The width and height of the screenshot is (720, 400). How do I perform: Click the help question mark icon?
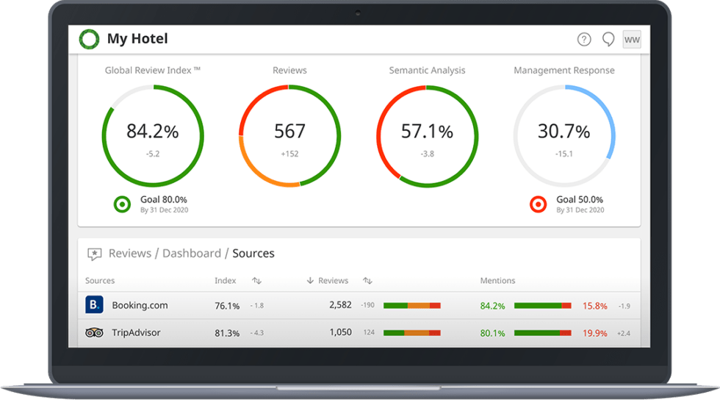[x=584, y=40]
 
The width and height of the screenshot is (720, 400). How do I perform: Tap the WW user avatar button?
[x=632, y=40]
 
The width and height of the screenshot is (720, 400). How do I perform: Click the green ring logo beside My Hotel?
[x=90, y=39]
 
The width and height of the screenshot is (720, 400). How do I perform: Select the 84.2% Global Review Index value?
[x=153, y=132]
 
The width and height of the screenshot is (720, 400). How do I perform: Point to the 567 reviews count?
[x=289, y=132]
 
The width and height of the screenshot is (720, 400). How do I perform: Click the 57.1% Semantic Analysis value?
[x=427, y=132]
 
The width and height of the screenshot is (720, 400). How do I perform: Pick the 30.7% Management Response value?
[x=564, y=132]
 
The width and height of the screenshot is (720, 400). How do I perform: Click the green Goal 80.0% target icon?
[x=123, y=204]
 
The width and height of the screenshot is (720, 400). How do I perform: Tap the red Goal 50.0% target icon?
[x=539, y=204]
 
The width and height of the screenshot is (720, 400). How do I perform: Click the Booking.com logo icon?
[x=95, y=304]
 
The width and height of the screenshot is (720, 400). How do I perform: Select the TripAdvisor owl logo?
[x=95, y=332]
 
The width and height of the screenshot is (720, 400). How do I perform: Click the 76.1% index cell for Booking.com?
[x=227, y=305]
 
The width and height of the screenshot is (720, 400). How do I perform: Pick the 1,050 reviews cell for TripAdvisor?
[x=340, y=332]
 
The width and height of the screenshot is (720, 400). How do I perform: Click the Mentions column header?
[x=497, y=281]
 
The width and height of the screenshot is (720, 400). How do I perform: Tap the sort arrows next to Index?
[x=256, y=281]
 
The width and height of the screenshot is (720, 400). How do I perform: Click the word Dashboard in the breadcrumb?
[x=191, y=253]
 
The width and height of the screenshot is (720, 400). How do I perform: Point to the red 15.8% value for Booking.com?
[x=594, y=305]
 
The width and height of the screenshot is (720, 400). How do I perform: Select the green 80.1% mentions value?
[x=492, y=333]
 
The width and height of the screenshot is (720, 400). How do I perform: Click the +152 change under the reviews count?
[x=289, y=154]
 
